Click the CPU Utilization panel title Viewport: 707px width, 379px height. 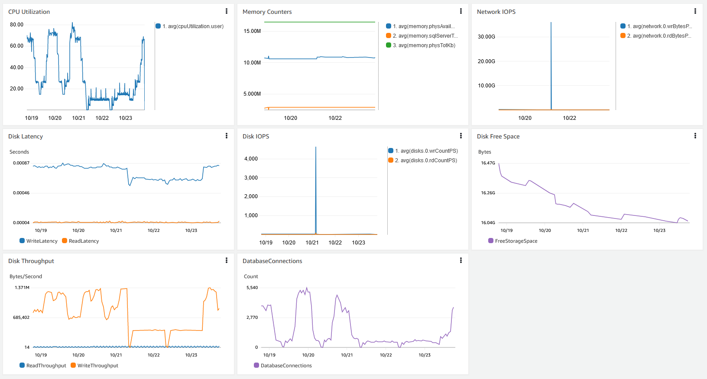pyautogui.click(x=29, y=12)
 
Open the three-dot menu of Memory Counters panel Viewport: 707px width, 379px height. pyautogui.click(x=461, y=11)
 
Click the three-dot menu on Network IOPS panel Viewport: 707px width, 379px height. pyautogui.click(x=695, y=11)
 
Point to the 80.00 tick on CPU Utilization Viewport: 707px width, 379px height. pyautogui.click(x=16, y=25)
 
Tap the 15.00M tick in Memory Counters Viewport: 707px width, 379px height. pyautogui.click(x=252, y=31)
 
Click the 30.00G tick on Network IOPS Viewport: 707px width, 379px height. pyautogui.click(x=486, y=37)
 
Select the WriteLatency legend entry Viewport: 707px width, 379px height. pyautogui.click(x=42, y=241)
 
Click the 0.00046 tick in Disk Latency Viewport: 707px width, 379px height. pyautogui.click(x=21, y=193)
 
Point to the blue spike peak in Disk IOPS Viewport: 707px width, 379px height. pyautogui.click(x=316, y=148)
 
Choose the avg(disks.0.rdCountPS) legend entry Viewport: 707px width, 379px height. pyautogui.click(x=425, y=161)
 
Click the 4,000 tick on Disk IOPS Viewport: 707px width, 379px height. pyautogui.click(x=251, y=159)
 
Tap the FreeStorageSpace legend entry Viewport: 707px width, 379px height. pyautogui.click(x=516, y=241)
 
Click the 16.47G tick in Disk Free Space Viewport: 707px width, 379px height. pyautogui.click(x=488, y=163)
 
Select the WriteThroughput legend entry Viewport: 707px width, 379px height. pyautogui.click(x=97, y=366)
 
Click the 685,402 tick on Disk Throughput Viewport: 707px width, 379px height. pyautogui.click(x=21, y=318)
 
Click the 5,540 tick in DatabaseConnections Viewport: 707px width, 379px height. pyautogui.click(x=252, y=288)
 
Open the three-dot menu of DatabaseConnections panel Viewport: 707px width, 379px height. pyautogui.click(x=461, y=260)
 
